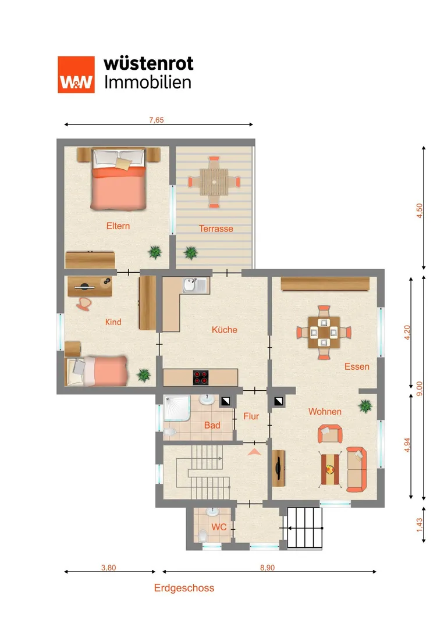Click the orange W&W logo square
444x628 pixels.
tap(76, 74)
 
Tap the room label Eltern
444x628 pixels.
tap(118, 226)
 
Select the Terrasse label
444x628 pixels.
tap(216, 229)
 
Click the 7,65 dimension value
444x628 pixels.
tap(157, 120)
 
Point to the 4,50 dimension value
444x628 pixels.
tap(419, 210)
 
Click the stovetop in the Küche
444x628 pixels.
tap(201, 377)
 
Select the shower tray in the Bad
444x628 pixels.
tap(177, 409)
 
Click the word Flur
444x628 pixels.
tap(251, 416)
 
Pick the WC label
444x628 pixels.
tap(219, 527)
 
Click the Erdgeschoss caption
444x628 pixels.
tap(184, 588)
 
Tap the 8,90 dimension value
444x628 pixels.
tap(267, 568)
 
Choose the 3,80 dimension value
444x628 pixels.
tap(108, 568)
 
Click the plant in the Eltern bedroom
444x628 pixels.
tap(155, 252)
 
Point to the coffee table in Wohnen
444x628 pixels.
tap(330, 469)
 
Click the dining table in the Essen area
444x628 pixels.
tap(324, 333)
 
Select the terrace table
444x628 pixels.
tap(214, 182)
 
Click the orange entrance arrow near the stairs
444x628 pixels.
tap(254, 452)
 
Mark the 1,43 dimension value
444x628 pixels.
tap(419, 525)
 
